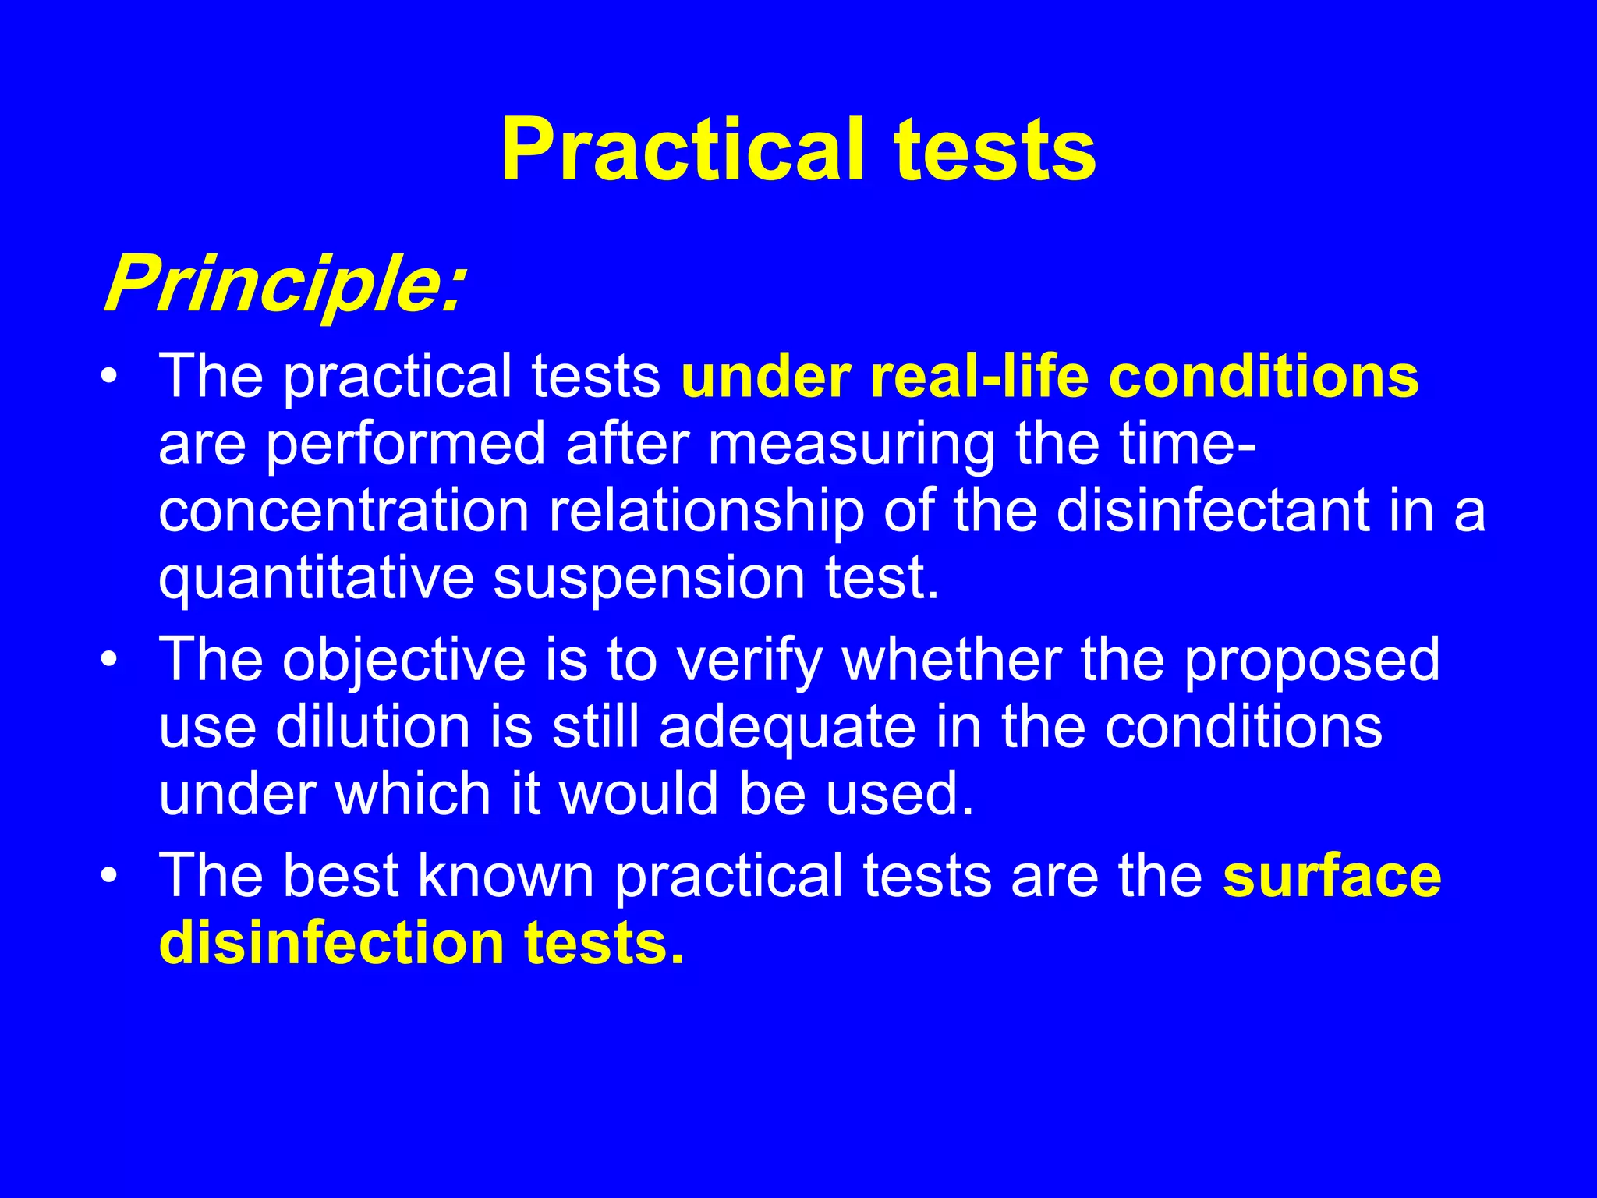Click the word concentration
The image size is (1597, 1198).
344,511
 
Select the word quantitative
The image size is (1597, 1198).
316,579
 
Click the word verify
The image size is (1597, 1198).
749,660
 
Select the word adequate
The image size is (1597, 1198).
788,727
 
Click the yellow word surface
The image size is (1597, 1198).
1332,875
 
